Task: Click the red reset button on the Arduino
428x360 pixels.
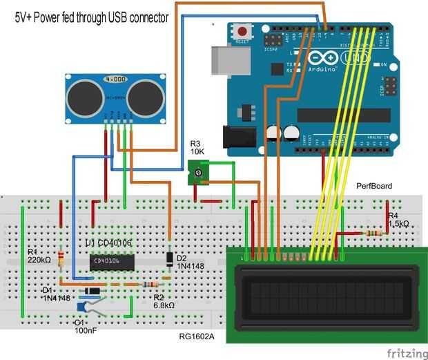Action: pos(242,31)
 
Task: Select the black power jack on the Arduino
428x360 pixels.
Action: pos(235,137)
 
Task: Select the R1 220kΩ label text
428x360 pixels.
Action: pos(39,256)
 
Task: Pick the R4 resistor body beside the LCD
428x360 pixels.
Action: pos(376,233)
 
